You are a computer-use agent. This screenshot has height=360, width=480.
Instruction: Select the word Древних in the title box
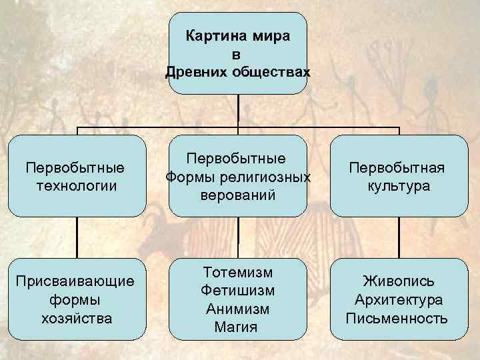pyautogui.click(x=196, y=71)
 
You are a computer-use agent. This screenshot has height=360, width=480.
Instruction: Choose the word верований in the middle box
pyautogui.click(x=237, y=196)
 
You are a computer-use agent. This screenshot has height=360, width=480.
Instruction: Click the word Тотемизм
pyautogui.click(x=237, y=273)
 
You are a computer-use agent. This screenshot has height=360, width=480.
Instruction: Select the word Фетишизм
pyautogui.click(x=237, y=291)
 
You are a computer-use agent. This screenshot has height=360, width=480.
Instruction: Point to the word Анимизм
pyautogui.click(x=237, y=309)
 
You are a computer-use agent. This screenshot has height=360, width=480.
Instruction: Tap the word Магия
pyautogui.click(x=237, y=327)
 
